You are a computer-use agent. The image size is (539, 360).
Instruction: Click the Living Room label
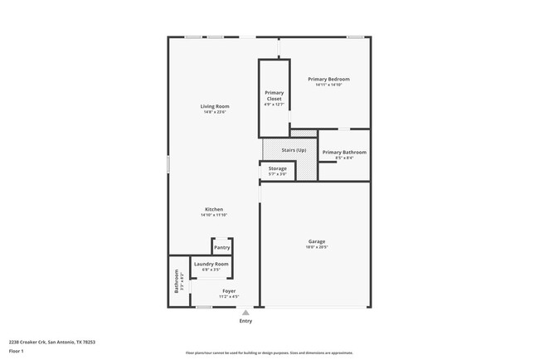(215, 106)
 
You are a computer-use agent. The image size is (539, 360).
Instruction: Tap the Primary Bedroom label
(328, 79)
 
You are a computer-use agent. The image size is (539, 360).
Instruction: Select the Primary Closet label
(274, 95)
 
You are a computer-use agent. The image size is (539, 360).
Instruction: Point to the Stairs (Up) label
(294, 150)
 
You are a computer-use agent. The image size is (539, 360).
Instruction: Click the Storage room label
(277, 168)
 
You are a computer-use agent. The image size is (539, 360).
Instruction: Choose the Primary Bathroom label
(343, 152)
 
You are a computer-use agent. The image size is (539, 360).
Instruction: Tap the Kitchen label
(214, 209)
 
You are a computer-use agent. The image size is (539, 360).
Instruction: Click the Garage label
(317, 241)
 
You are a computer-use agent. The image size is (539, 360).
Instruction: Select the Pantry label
(221, 247)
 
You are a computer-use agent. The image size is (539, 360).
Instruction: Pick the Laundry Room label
(211, 264)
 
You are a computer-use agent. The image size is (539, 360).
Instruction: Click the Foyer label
(229, 291)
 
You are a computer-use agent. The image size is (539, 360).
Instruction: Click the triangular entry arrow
(245, 313)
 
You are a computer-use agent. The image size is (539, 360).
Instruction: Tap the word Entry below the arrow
(245, 321)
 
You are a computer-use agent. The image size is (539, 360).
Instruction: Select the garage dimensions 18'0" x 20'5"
(317, 247)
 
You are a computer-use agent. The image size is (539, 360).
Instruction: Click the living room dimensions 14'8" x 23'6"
(215, 112)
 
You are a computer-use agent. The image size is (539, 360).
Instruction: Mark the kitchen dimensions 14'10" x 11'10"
(214, 215)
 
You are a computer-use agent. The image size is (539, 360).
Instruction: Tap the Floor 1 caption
(17, 351)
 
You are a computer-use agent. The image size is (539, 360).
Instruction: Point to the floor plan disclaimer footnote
(269, 353)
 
